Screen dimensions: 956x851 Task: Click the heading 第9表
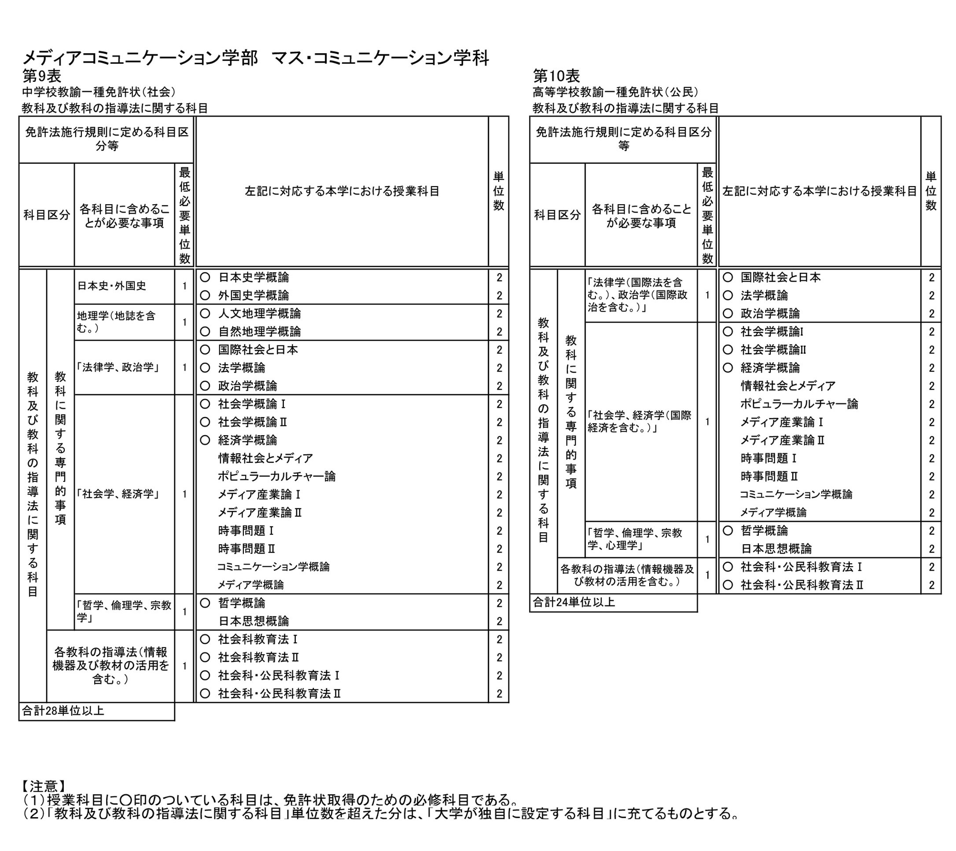42,76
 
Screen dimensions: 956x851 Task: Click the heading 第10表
557,76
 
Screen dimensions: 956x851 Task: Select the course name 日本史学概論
254,277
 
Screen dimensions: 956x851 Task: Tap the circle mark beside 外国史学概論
205,296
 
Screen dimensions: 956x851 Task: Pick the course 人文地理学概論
260,313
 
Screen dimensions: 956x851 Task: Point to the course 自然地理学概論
260,331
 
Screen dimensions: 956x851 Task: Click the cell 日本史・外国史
112,286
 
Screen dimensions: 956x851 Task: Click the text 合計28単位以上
63,711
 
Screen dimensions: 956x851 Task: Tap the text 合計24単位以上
574,602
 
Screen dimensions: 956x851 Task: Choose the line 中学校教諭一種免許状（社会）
99,92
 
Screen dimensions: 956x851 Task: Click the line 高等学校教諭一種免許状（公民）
615,92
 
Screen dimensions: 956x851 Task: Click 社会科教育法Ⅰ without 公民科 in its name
258,639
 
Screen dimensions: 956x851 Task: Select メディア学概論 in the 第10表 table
774,513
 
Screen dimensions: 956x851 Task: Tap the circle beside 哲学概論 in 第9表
205,603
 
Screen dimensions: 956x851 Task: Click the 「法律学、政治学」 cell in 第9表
118,367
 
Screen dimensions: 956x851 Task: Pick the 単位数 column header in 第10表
931,191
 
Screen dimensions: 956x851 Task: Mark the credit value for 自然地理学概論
499,332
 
